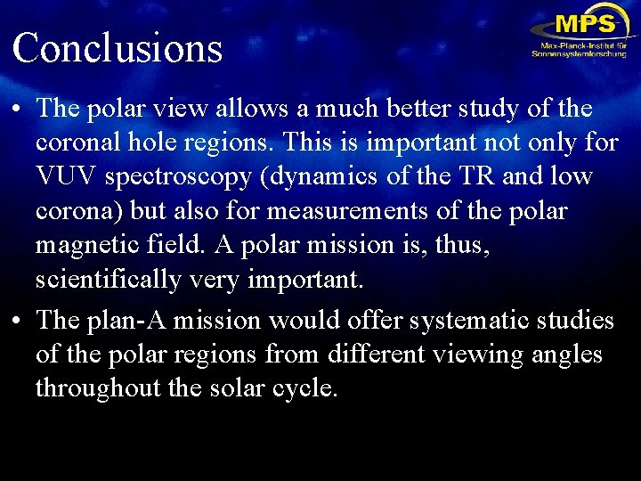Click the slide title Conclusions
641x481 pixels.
[117, 47]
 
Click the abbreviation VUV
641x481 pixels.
[66, 176]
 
